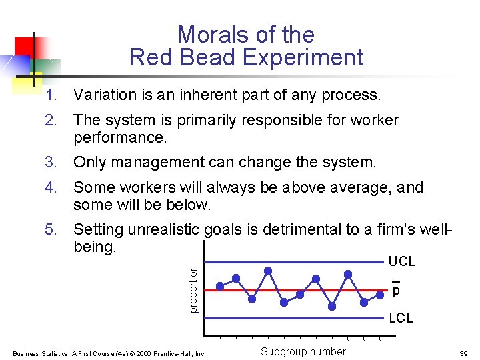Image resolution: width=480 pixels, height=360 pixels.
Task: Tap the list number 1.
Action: click(x=51, y=95)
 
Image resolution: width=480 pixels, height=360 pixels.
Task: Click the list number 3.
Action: click(x=51, y=162)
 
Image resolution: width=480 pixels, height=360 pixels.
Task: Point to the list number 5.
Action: click(x=51, y=230)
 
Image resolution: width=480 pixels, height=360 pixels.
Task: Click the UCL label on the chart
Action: click(x=401, y=262)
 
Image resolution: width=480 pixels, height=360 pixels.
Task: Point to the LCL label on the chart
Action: click(x=401, y=319)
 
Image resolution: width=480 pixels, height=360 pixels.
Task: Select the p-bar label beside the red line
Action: click(x=396, y=291)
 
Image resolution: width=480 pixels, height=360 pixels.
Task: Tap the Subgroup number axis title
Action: click(x=303, y=352)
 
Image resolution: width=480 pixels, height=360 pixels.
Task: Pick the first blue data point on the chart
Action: click(x=220, y=287)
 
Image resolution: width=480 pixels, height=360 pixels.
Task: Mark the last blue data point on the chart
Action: click(x=380, y=289)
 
